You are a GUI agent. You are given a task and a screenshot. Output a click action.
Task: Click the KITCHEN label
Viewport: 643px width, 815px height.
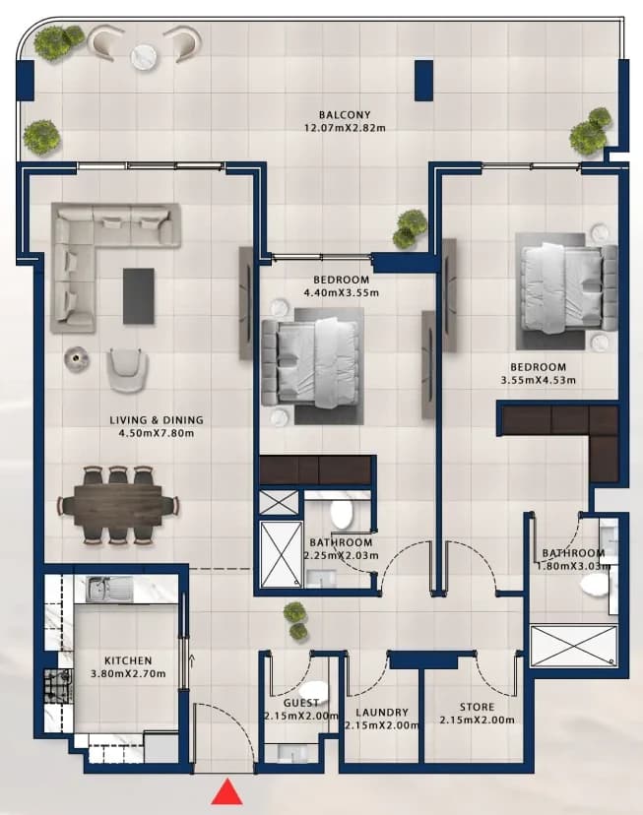128,660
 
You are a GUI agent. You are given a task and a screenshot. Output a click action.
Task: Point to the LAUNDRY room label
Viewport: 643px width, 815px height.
382,712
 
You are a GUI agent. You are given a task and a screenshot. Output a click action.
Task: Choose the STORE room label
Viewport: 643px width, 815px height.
478,707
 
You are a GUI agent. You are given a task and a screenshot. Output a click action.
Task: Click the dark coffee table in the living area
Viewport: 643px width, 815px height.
139,295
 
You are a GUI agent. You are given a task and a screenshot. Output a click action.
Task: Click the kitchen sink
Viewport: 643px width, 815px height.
109,590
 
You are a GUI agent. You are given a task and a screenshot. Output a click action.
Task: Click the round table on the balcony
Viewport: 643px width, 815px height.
147,56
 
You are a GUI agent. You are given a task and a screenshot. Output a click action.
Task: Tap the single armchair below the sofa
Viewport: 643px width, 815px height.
127,369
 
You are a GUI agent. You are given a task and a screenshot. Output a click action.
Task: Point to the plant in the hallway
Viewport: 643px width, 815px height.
295,619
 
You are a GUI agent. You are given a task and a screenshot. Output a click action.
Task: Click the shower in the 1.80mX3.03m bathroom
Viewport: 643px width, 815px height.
573,646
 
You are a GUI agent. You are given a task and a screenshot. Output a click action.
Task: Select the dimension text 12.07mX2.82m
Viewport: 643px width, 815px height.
345,128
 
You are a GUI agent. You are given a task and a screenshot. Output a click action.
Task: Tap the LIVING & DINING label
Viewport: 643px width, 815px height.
157,420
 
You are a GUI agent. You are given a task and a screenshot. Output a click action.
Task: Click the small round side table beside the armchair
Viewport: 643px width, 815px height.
77,358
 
